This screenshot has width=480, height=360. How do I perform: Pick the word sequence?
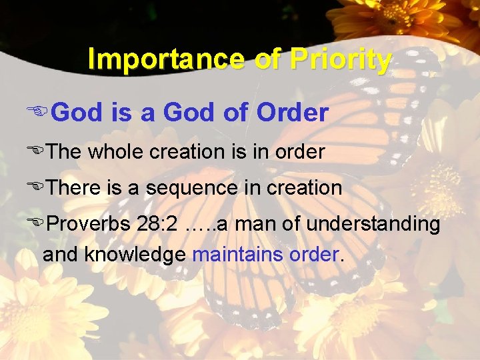pyautogui.click(x=193, y=188)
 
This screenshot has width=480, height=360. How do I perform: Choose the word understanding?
pyautogui.click(x=371, y=225)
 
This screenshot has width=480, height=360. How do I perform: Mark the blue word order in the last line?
pyautogui.click(x=313, y=255)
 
